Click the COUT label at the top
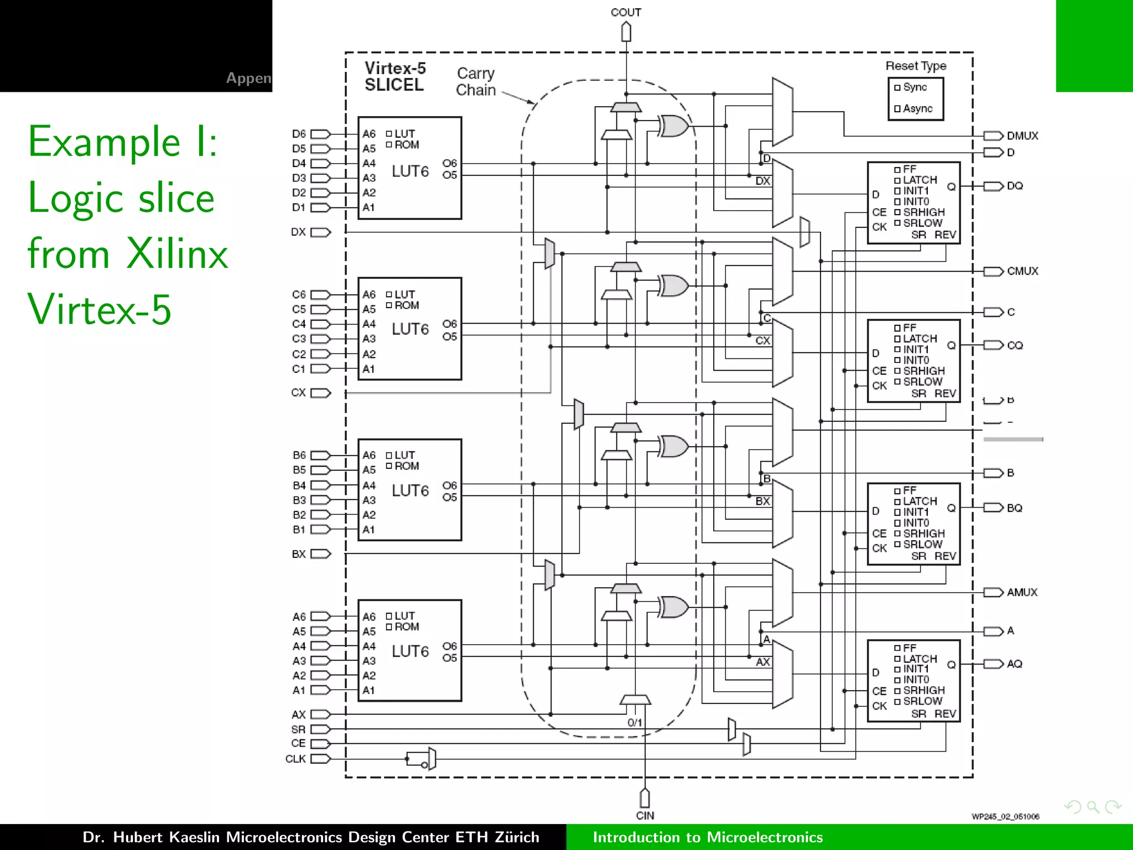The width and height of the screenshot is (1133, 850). [x=626, y=12]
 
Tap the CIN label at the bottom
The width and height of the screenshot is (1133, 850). [x=645, y=815]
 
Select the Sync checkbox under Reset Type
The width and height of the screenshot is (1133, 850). [x=897, y=87]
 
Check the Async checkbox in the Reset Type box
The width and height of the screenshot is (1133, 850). [x=897, y=109]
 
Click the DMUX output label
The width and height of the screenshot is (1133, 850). [x=1022, y=136]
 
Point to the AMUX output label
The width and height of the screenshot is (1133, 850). [x=1022, y=592]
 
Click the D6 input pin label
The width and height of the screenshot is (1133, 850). [x=299, y=134]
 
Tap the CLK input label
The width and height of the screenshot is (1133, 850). [x=295, y=759]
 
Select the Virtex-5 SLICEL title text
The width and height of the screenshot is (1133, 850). [x=395, y=76]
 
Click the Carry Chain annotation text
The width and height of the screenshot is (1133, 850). [x=476, y=81]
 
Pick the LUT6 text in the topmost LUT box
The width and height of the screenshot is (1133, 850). [x=410, y=172]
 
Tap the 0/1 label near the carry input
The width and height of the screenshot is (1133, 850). [x=635, y=723]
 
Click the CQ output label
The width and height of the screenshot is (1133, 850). [x=1015, y=345]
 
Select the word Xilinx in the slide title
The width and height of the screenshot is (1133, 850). [x=177, y=253]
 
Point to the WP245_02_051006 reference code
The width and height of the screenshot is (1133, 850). [x=1005, y=816]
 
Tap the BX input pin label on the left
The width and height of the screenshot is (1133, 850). [x=299, y=554]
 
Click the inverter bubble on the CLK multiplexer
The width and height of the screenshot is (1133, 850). [x=424, y=765]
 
